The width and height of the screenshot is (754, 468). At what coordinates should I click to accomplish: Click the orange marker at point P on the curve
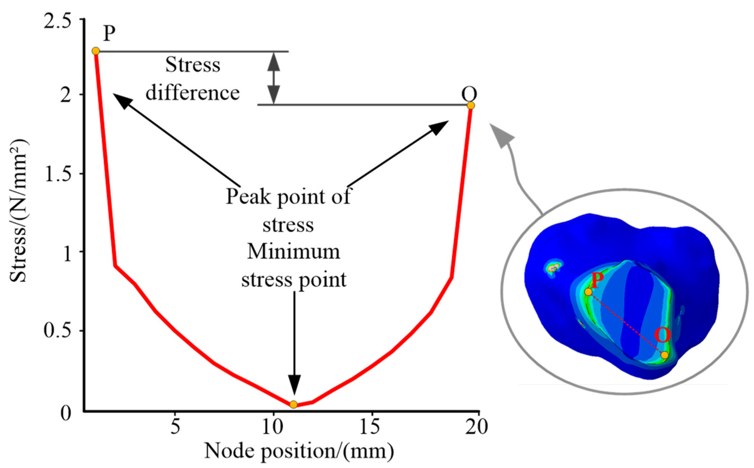tap(96, 51)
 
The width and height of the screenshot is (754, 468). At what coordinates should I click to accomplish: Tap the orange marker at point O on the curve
tap(471, 105)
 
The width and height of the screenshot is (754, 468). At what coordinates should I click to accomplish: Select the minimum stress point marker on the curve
tap(293, 404)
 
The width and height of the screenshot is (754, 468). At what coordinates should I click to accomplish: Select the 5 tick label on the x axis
tap(175, 427)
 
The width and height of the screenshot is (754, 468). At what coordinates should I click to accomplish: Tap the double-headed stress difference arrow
tap(274, 78)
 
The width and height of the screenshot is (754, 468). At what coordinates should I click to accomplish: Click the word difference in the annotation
tap(192, 93)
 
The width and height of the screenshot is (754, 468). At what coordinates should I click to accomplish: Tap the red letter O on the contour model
tap(662, 335)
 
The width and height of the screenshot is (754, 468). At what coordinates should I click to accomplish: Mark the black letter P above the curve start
tap(109, 33)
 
